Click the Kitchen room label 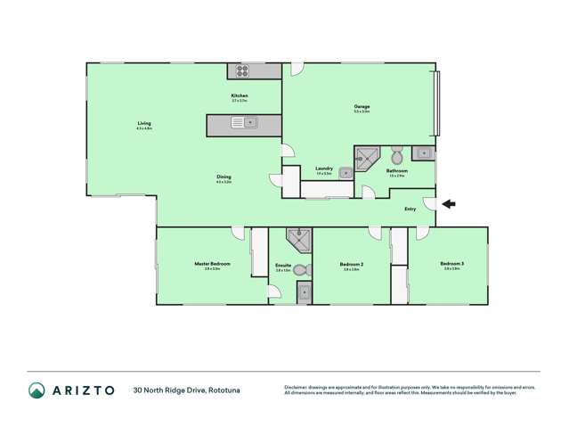pyautogui.click(x=239, y=95)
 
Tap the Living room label pyautogui.click(x=144, y=123)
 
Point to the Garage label pyautogui.click(x=362, y=106)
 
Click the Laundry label pyautogui.click(x=324, y=168)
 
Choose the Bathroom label pyautogui.click(x=397, y=170)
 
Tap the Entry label pyautogui.click(x=410, y=209)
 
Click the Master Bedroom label pyautogui.click(x=213, y=264)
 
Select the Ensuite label pyautogui.click(x=284, y=265)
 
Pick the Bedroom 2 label pyautogui.click(x=351, y=264)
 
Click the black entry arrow pyautogui.click(x=449, y=204)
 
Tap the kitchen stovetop pyautogui.click(x=241, y=71)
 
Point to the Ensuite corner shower pyautogui.click(x=297, y=240)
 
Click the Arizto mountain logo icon pyautogui.click(x=37, y=390)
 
